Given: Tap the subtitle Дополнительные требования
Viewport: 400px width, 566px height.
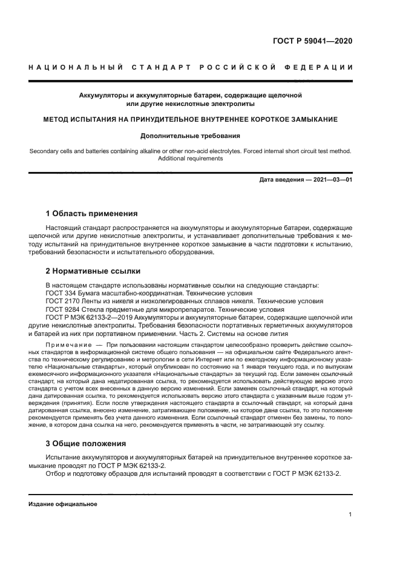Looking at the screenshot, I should click(x=190, y=136).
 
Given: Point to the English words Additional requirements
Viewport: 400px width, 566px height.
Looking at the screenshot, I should click(x=190, y=159).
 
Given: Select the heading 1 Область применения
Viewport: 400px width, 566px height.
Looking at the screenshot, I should click(x=92, y=214).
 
